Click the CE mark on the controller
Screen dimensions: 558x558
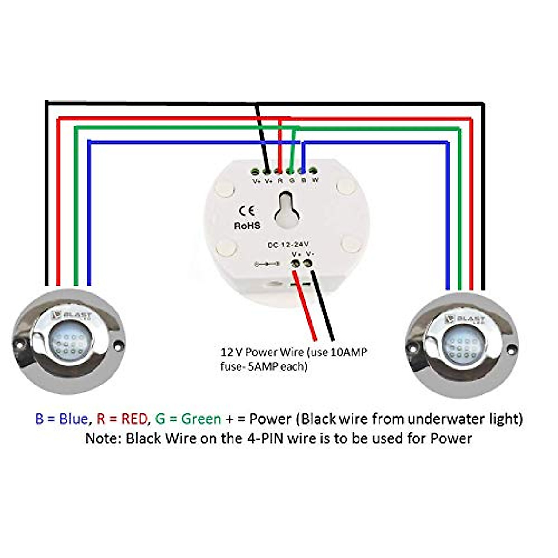(x=247, y=211)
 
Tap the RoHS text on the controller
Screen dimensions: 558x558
(x=247, y=226)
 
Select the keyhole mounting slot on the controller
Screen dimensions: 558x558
(x=285, y=212)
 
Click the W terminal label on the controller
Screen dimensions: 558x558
(x=315, y=180)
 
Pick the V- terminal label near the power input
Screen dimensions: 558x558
(x=309, y=254)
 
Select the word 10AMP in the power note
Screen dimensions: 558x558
(x=348, y=352)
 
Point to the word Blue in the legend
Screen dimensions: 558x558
(x=73, y=419)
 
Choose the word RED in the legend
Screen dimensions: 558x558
(x=134, y=419)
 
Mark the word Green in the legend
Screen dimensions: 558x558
(x=201, y=419)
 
